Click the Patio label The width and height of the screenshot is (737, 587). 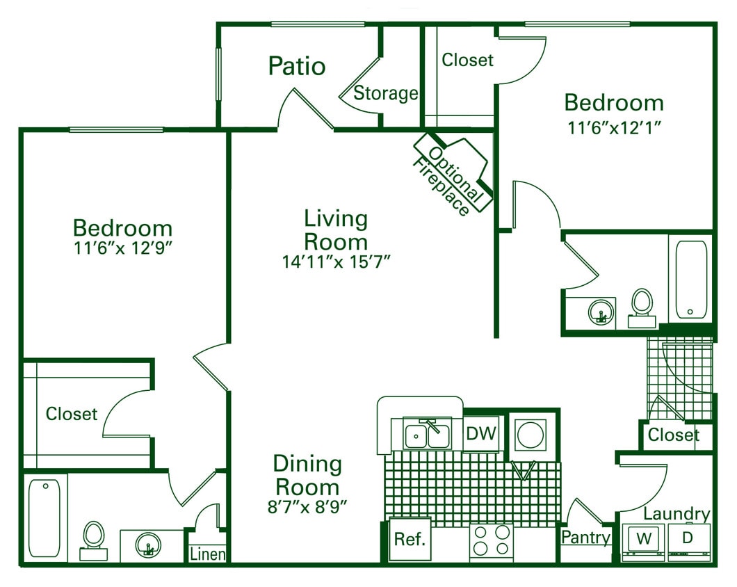297,66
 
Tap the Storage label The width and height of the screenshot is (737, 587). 385,93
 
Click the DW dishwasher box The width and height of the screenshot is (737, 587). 481,434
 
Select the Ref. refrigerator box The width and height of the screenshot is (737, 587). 410,539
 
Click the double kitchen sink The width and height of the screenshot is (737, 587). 427,435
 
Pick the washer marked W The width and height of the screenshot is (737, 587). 644,539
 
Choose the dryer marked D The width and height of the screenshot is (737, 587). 688,539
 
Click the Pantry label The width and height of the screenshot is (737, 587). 585,538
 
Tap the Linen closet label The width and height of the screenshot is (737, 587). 208,554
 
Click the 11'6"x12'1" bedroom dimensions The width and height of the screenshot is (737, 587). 613,127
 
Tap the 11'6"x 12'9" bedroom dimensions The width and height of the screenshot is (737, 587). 122,249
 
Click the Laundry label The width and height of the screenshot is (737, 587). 676,514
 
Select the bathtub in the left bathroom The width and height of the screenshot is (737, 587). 44,518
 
